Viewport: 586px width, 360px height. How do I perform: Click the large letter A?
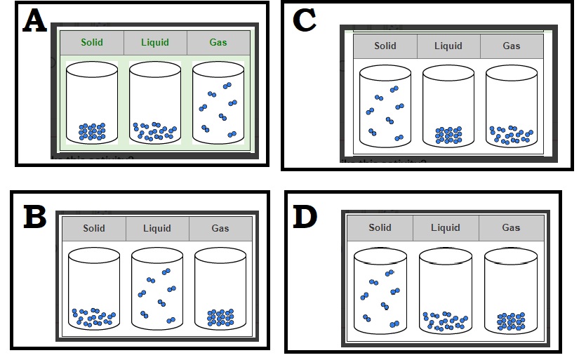point(34,22)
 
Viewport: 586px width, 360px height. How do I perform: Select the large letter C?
point(304,22)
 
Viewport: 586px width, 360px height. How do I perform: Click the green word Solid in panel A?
point(92,42)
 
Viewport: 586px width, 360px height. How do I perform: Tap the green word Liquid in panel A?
point(155,42)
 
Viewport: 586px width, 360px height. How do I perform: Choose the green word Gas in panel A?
point(218,42)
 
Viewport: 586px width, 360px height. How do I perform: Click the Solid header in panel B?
point(94,228)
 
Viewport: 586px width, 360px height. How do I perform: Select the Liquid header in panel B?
point(157,228)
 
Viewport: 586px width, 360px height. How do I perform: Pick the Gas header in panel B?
point(220,228)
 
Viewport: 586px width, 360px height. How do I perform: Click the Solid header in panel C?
point(385,46)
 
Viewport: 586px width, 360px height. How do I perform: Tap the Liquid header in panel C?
point(448,46)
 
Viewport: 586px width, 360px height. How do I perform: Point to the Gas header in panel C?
point(512,46)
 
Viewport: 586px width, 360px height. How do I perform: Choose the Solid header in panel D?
point(380,227)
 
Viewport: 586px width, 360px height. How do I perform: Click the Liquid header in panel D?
point(446,227)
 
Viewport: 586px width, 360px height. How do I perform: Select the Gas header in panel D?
point(511,227)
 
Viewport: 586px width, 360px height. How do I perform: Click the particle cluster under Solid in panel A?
point(92,131)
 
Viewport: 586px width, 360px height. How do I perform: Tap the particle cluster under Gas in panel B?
point(220,318)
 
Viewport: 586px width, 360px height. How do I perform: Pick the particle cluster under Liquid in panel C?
point(448,135)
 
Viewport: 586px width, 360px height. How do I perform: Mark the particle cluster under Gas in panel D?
point(511,321)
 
